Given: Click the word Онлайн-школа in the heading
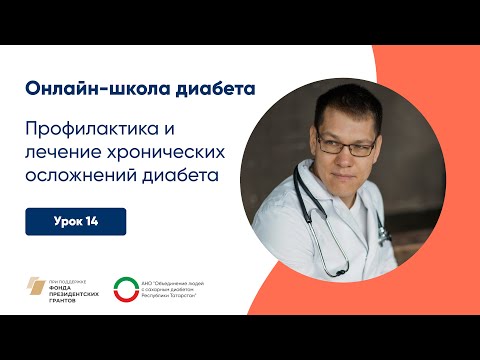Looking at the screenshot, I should coord(90,87).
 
